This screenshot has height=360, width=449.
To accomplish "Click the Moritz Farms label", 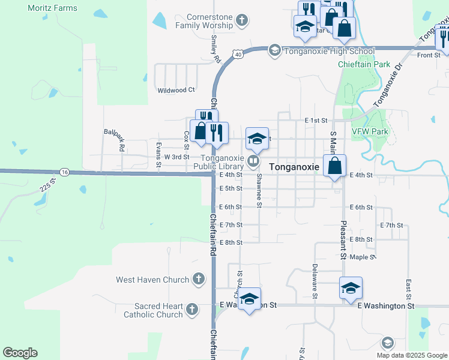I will tap(53, 8).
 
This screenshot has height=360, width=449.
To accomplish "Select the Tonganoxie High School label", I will tap(330, 51).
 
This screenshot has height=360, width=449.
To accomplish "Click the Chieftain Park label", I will tap(364, 64).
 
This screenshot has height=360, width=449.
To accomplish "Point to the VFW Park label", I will tap(370, 131).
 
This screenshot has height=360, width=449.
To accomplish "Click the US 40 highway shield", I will tap(238, 55).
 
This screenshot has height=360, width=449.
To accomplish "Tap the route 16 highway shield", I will tap(64, 172).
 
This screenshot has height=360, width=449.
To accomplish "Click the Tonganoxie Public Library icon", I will tap(254, 161).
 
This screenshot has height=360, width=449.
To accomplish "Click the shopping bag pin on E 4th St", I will tap(334, 165).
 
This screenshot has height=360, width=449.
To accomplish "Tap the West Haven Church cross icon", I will tap(199, 280).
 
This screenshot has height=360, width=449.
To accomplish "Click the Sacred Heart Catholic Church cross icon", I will tap(191, 310).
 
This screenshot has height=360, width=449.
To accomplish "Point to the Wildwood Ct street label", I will tap(176, 90).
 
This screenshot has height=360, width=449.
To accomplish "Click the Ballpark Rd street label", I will tap(114, 139).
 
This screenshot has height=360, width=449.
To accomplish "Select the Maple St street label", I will tap(362, 257).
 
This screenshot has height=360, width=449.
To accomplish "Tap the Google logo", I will tap(20, 353).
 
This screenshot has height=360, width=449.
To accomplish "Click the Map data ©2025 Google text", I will tap(411, 355).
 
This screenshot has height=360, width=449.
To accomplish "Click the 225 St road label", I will tap(47, 185).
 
